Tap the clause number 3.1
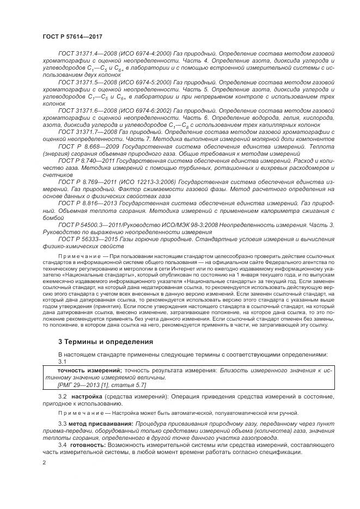[x=63, y=361]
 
